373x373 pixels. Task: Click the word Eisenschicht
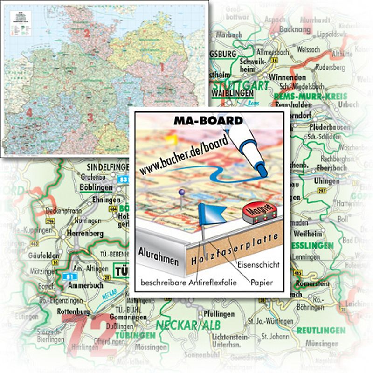(259, 264)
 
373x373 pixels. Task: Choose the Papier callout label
(261, 283)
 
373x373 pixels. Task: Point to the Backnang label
(294, 29)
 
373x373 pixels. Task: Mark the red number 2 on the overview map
(87, 33)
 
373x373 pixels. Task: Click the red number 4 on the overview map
(29, 112)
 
